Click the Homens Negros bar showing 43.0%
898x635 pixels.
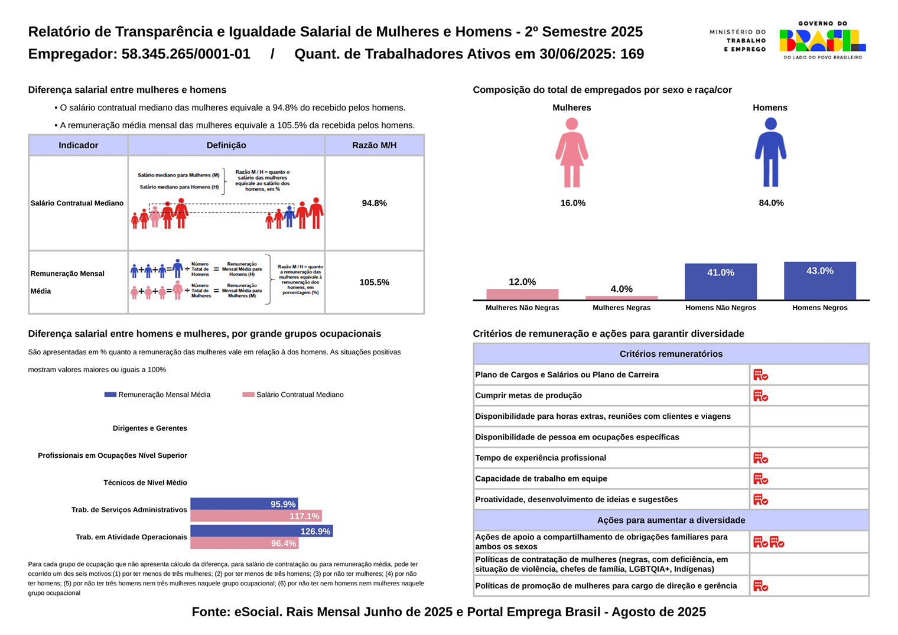pyautogui.click(x=819, y=281)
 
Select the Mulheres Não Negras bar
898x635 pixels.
pyautogui.click(x=522, y=294)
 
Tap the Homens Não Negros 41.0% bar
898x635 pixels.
pyautogui.click(x=720, y=282)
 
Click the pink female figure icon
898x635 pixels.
pyautogui.click(x=571, y=152)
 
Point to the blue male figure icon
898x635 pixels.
pyautogui.click(x=770, y=152)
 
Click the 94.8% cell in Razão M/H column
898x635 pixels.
pyautogui.click(x=374, y=203)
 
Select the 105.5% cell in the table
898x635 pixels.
pyautogui.click(x=374, y=282)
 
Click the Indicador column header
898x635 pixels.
pyautogui.click(x=78, y=145)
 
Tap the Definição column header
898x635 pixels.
pyautogui.click(x=226, y=145)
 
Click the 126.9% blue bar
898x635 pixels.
pyautogui.click(x=261, y=531)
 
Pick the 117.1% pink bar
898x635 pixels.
pyautogui.click(x=256, y=516)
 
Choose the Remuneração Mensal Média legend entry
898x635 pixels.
pyautogui.click(x=157, y=395)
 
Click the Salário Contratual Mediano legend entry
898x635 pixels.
pyautogui.click(x=293, y=395)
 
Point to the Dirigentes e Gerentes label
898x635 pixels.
pyautogui.click(x=149, y=428)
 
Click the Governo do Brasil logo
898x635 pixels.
pyautogui.click(x=822, y=40)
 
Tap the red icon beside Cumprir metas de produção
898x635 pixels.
pyautogui.click(x=760, y=396)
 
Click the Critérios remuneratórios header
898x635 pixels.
pyautogui.click(x=671, y=354)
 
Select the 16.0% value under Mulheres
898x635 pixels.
pyautogui.click(x=572, y=203)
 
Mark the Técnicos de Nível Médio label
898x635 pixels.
pyautogui.click(x=145, y=483)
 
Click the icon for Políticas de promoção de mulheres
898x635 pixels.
pyautogui.click(x=760, y=586)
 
